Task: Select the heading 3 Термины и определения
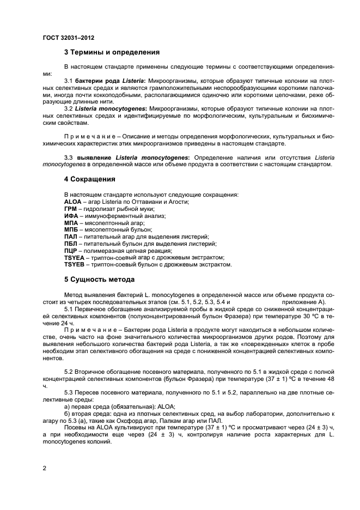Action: tap(112, 53)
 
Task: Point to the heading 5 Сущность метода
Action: tap(99, 280)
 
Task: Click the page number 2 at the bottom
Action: tap(45, 467)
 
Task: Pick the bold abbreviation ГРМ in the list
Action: tap(71, 209)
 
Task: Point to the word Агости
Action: tap(179, 202)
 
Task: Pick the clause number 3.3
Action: tap(69, 157)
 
